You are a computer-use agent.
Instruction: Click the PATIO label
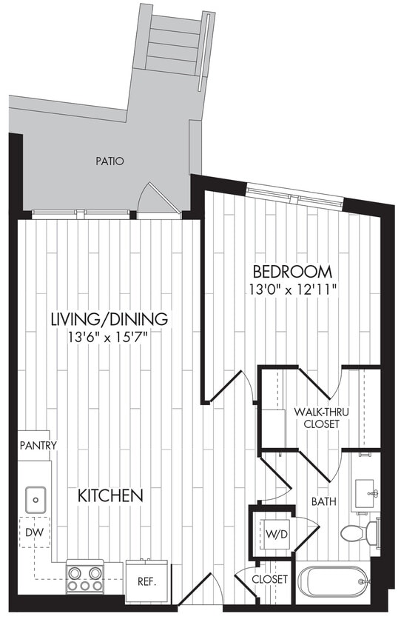click(109, 161)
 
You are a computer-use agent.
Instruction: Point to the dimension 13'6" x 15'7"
click(109, 338)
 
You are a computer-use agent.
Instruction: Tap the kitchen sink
click(34, 500)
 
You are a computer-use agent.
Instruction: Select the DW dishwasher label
click(33, 532)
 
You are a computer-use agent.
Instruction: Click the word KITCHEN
click(110, 495)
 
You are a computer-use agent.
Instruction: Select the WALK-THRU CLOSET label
click(317, 417)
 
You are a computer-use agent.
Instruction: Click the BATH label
click(323, 501)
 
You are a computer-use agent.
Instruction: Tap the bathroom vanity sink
click(365, 492)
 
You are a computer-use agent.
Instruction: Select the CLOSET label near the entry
click(269, 578)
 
